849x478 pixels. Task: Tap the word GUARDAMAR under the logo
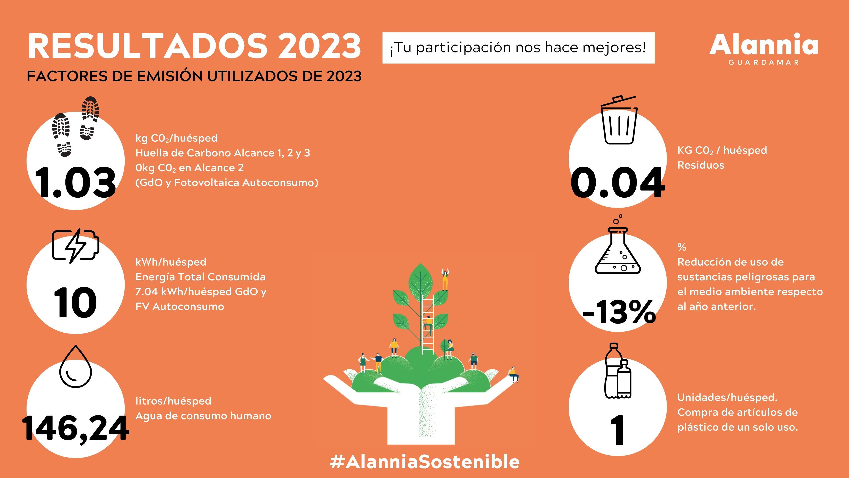point(764,63)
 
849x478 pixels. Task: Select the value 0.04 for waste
point(617,182)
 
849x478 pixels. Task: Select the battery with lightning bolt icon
point(75,246)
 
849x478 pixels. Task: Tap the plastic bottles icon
point(618,370)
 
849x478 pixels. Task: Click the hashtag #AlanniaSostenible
point(424,461)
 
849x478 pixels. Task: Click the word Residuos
point(701,165)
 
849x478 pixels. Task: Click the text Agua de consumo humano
point(203,416)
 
